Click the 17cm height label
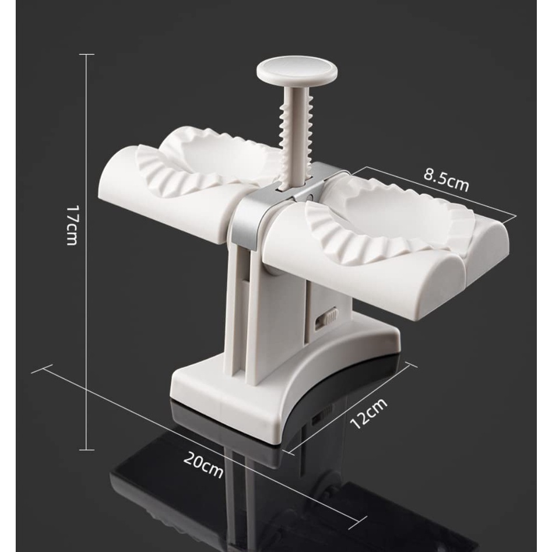coord(72,225)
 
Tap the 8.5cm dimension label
coord(446,181)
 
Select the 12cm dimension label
coord(368,413)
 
